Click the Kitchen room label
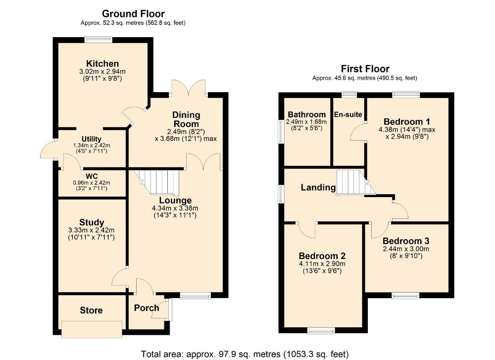point(102,63)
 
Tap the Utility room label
point(92,139)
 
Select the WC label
point(92,176)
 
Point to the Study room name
point(92,222)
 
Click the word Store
point(91,310)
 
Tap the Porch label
point(147,308)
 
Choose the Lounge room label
point(175,201)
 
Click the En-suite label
point(348,114)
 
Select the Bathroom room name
point(306,114)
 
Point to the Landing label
point(318,187)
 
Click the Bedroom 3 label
point(406,241)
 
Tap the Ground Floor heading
point(133,13)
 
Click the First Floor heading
point(365,68)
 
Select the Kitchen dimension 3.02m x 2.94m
point(102,72)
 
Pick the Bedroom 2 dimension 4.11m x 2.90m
point(322,264)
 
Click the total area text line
point(245,354)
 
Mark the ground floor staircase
point(157,182)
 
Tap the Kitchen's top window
point(99,40)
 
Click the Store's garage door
point(92,329)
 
